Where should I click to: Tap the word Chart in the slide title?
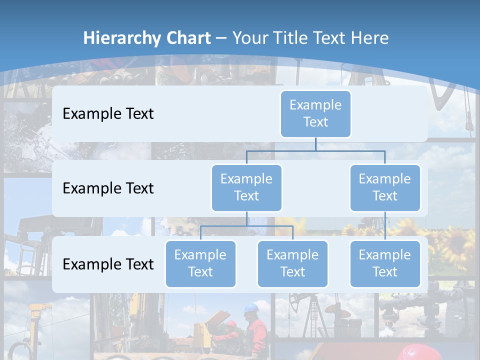187,38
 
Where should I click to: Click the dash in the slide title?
221,38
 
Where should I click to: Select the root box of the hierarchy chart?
315,113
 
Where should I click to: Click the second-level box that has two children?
246,187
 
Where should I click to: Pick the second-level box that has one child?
385,187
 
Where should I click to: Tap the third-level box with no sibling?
385,263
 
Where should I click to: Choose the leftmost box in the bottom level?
200,263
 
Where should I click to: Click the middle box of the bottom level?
292,263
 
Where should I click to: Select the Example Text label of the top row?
108,113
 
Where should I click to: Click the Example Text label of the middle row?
108,188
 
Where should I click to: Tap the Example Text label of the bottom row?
108,264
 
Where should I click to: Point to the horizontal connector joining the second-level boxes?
315,151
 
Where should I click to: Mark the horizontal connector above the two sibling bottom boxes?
246,226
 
